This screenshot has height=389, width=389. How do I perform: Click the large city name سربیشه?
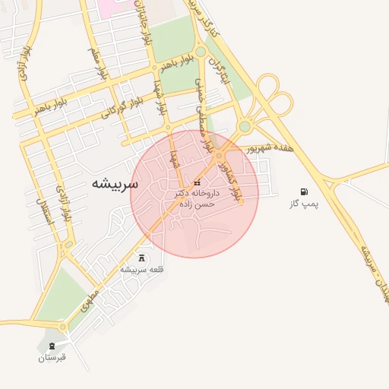115,183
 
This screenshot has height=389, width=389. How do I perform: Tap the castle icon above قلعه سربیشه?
141,258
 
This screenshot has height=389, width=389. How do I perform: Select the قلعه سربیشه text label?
141,270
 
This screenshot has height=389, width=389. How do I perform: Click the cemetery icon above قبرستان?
52,346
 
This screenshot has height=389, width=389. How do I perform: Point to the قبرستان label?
52,357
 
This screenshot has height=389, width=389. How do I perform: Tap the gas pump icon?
304,192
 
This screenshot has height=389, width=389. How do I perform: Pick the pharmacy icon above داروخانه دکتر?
198,183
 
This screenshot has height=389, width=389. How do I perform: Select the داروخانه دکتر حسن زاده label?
197,199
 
